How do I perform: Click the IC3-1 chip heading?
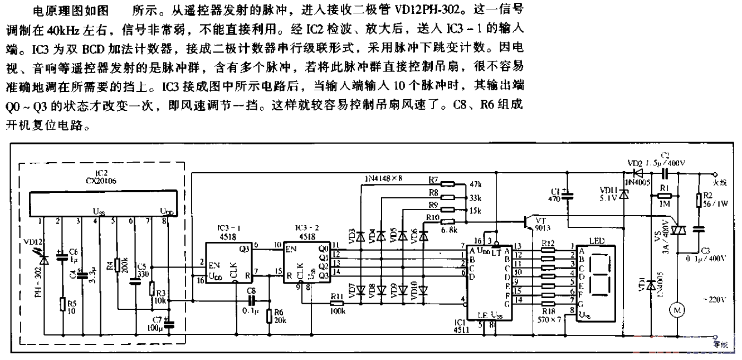(228, 228)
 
